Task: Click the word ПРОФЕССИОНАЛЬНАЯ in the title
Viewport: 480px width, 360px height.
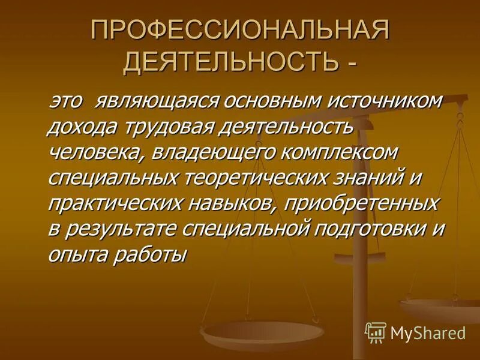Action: pos(239,32)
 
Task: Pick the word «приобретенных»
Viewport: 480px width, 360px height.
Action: pos(362,204)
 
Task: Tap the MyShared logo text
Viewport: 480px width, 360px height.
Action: pos(428,331)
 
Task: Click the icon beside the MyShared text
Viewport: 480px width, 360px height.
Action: pos(375,331)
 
